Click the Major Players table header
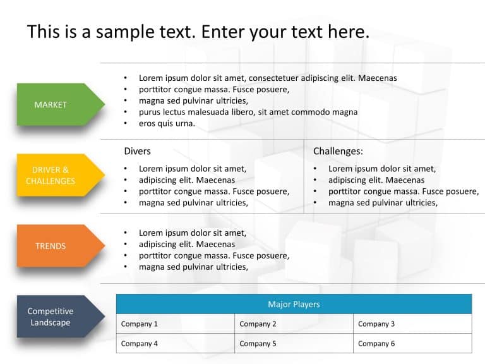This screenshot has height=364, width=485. click(294, 304)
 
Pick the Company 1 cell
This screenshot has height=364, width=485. click(175, 324)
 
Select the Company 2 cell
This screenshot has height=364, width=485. click(294, 324)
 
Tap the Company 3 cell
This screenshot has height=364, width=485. click(412, 324)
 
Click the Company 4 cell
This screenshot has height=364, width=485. click(175, 344)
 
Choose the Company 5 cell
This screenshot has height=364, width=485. click(294, 344)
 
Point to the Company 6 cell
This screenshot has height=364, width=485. click(412, 344)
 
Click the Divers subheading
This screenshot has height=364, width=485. click(137, 151)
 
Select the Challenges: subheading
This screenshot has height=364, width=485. click(338, 151)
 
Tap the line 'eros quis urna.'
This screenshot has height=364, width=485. click(167, 123)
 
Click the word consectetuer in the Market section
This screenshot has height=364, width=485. click(273, 78)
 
